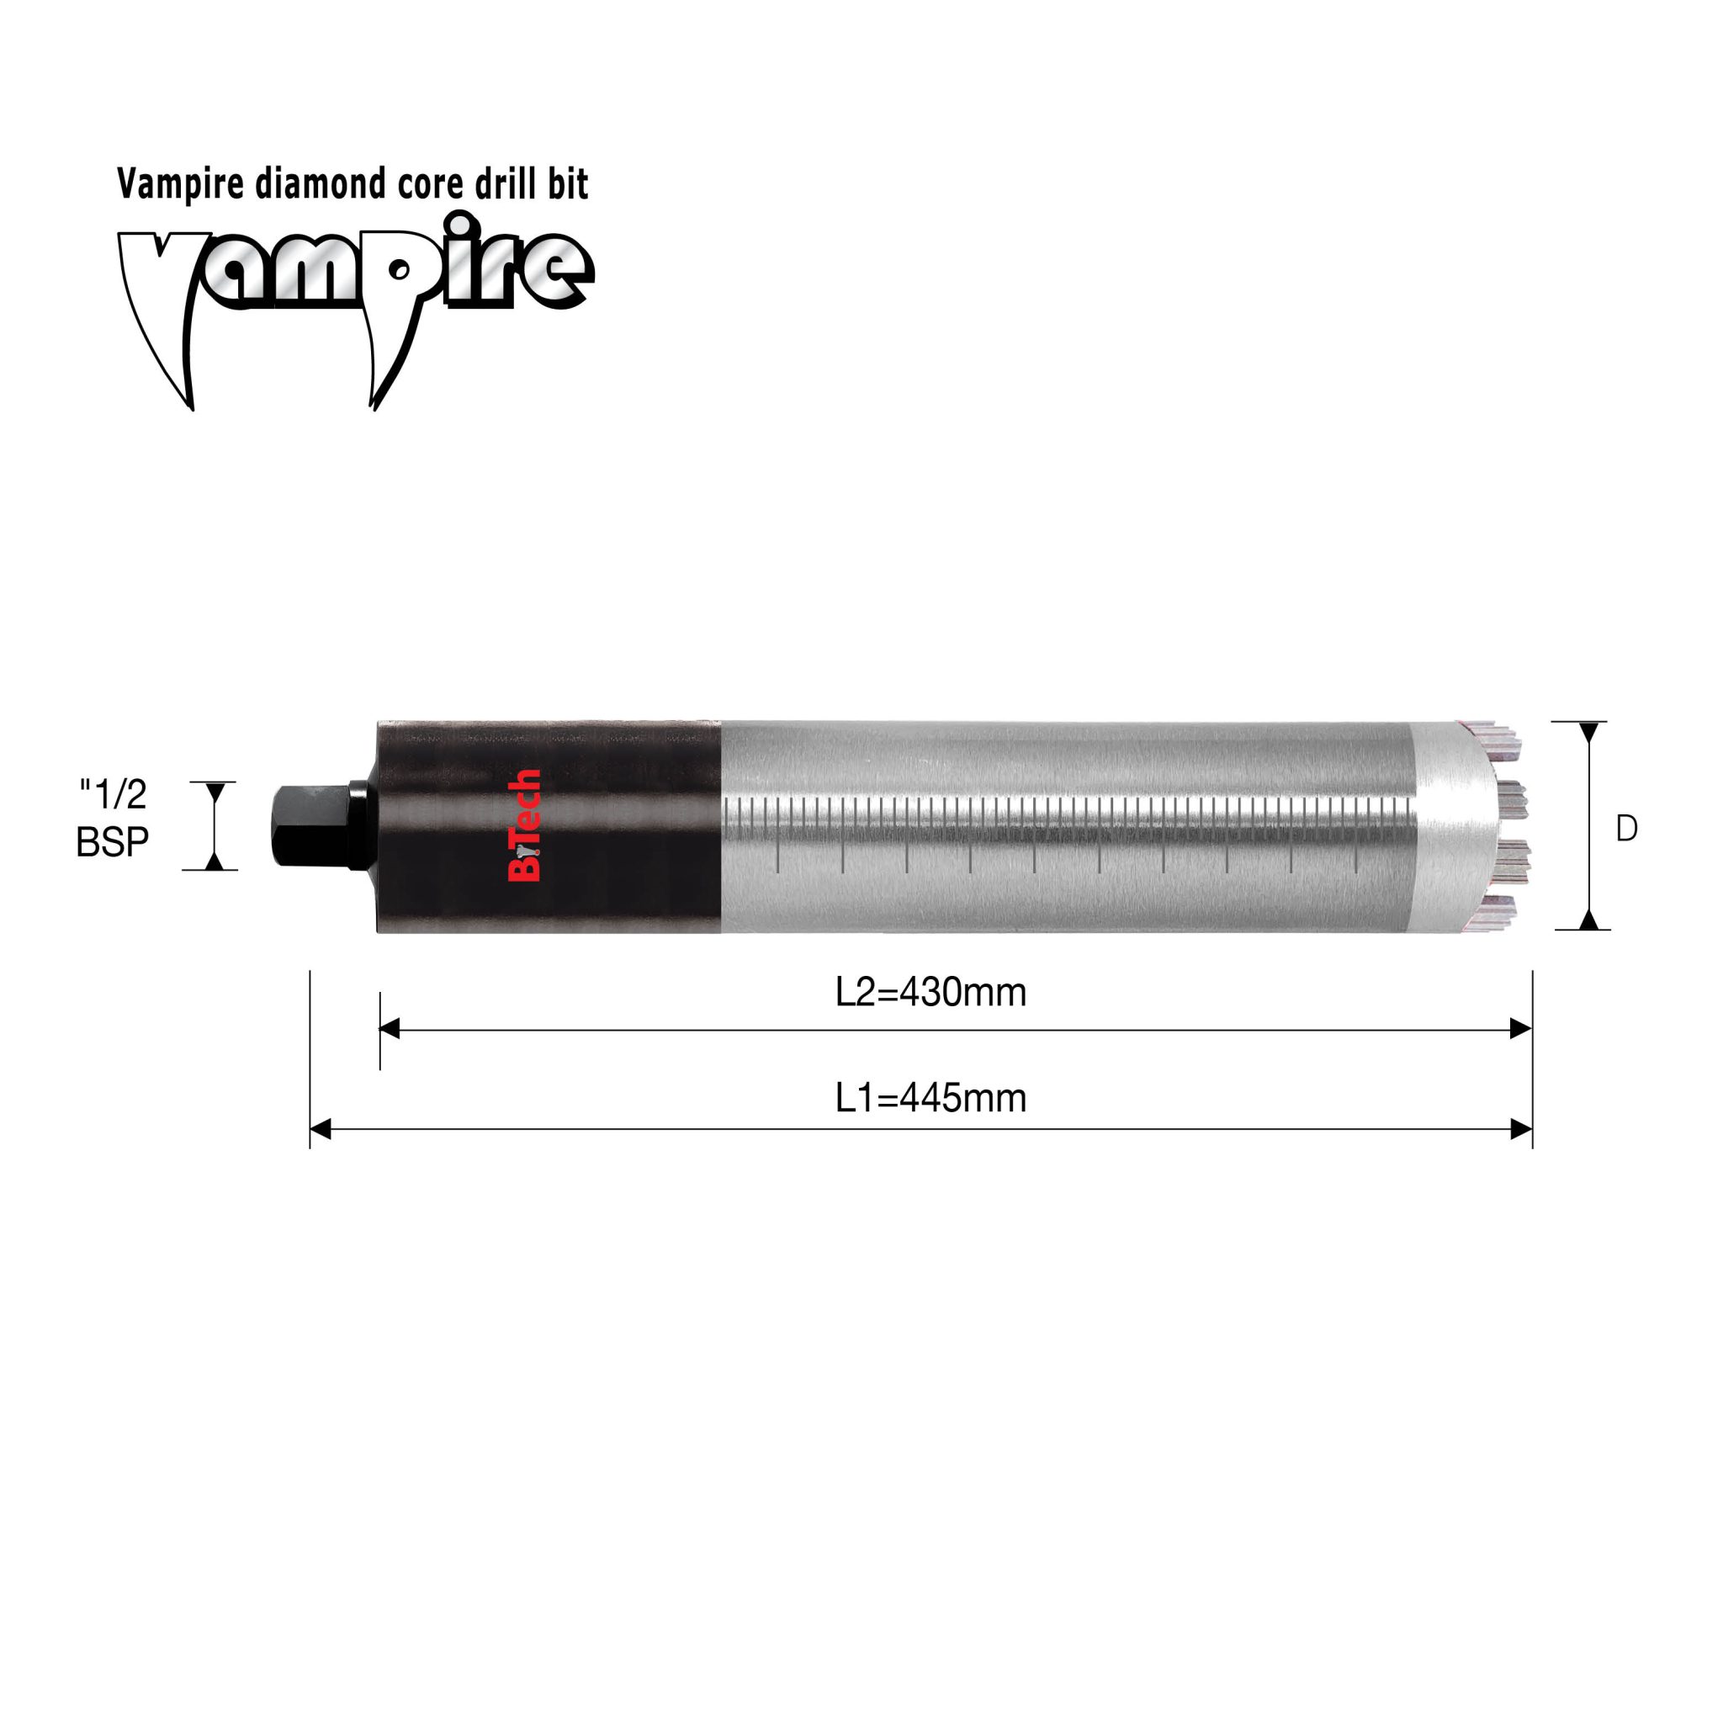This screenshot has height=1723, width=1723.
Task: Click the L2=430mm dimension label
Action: coord(930,993)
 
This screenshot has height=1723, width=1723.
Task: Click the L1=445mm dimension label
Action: coord(930,1098)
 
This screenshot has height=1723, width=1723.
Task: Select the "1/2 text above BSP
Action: coord(114,793)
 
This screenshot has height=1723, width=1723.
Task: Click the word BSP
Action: coord(113,842)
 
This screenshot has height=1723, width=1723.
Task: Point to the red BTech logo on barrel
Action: coord(523,825)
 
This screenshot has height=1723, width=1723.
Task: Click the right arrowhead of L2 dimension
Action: coord(1520,1030)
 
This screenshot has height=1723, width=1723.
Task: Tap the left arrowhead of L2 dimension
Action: coord(390,1030)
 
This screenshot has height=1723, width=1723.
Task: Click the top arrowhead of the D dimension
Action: coord(1589,732)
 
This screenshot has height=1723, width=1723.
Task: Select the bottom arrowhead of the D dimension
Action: coord(1589,920)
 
